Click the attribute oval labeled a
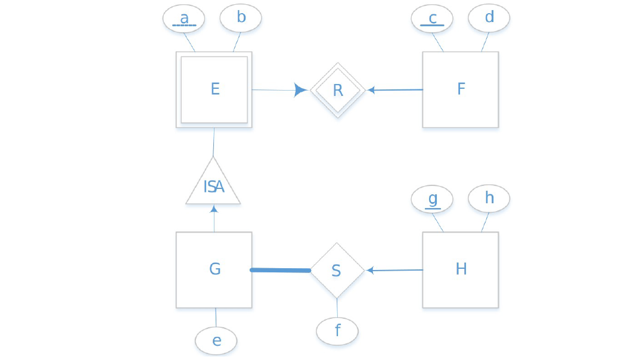click(184, 18)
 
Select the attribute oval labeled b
click(241, 18)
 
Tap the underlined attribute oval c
click(432, 18)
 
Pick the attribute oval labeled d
click(489, 18)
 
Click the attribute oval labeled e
click(216, 341)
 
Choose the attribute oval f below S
click(337, 331)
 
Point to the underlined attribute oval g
click(432, 198)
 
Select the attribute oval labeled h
click(489, 198)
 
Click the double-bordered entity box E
click(214, 89)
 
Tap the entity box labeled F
click(460, 89)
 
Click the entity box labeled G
click(214, 269)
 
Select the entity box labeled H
click(460, 269)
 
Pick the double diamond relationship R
click(337, 90)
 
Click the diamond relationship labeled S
click(337, 270)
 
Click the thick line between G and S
click(281, 270)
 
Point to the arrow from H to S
click(395, 270)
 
